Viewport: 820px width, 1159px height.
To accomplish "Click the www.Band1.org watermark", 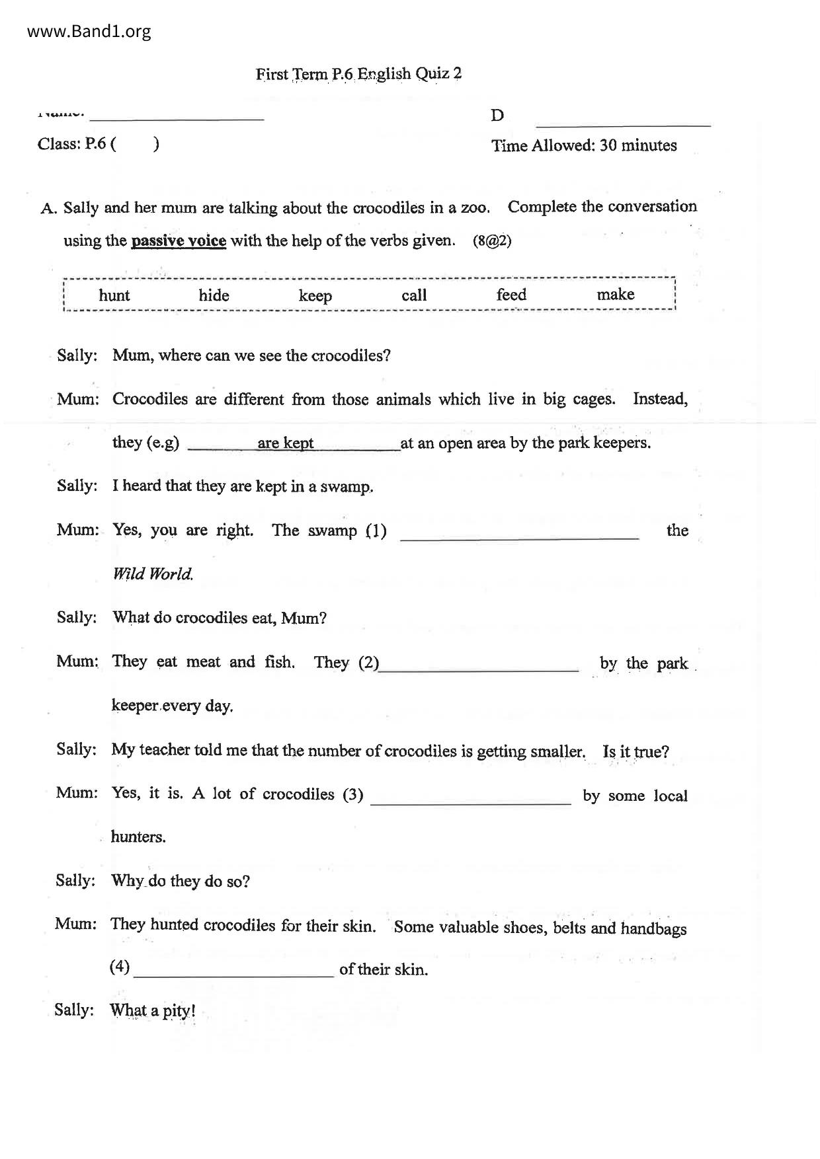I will [x=89, y=32].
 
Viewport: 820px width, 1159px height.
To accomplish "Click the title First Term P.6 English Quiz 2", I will [x=358, y=73].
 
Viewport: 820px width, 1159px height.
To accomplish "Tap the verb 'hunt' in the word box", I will [x=114, y=295].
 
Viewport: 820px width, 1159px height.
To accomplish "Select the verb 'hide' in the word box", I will [x=214, y=295].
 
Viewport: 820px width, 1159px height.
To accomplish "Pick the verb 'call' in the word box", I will [x=414, y=295].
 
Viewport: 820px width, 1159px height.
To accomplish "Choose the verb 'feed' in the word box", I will [x=511, y=295].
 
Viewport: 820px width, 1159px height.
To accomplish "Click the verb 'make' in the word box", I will [x=615, y=295].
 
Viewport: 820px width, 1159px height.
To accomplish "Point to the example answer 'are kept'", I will [x=286, y=443].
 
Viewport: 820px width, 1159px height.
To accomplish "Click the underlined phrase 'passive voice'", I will [x=179, y=241].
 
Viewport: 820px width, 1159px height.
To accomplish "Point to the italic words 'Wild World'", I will [x=153, y=574].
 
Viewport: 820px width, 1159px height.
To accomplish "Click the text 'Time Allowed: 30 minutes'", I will [x=584, y=145].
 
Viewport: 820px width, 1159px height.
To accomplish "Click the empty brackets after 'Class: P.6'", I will [x=135, y=144].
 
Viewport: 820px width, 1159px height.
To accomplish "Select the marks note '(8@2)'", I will [x=492, y=241].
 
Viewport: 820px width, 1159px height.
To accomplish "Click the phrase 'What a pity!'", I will [x=153, y=1011].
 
